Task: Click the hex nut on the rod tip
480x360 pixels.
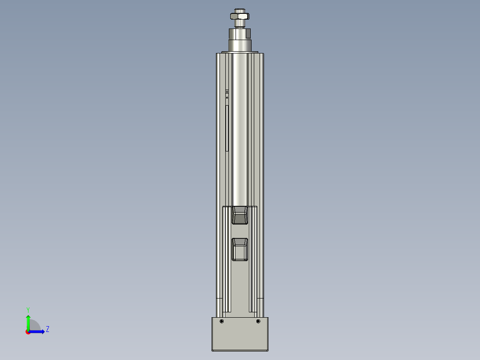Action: pyautogui.click(x=240, y=16)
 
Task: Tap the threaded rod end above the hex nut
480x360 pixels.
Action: pyautogui.click(x=240, y=10)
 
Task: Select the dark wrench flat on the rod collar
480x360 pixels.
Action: pyautogui.click(x=249, y=33)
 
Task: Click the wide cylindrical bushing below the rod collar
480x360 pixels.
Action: pyautogui.click(x=240, y=45)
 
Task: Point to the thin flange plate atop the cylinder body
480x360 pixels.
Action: pyautogui.click(x=240, y=52)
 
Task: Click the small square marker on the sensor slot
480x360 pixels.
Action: pyautogui.click(x=227, y=92)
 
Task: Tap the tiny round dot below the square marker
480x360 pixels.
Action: pyautogui.click(x=227, y=97)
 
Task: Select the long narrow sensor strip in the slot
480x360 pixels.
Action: pyautogui.click(x=227, y=128)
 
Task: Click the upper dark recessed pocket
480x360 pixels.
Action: pyautogui.click(x=240, y=215)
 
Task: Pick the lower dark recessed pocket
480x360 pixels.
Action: pyautogui.click(x=240, y=249)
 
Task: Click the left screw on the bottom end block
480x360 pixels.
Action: pyautogui.click(x=222, y=321)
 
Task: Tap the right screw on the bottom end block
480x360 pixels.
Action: pyautogui.click(x=258, y=321)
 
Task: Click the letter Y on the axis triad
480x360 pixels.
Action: pyautogui.click(x=28, y=309)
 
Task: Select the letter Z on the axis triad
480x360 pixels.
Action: pyautogui.click(x=47, y=329)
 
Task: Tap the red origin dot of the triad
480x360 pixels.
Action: pyautogui.click(x=28, y=332)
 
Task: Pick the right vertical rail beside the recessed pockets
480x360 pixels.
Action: pyautogui.click(x=253, y=258)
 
